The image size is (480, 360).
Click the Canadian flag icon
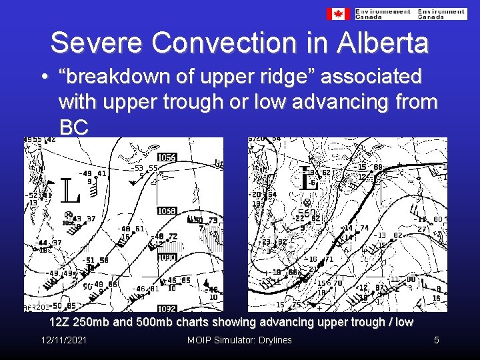pyautogui.click(x=338, y=13)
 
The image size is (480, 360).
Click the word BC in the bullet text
pyautogui.click(x=73, y=127)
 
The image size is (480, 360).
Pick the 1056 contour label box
pyautogui.click(x=167, y=157)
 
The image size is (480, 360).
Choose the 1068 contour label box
pyautogui.click(x=167, y=211)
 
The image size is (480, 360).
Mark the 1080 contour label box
pyautogui.click(x=167, y=257)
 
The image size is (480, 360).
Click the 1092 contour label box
pyautogui.click(x=167, y=309)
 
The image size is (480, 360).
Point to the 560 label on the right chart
pyautogui.click(x=307, y=213)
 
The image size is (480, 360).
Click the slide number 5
pyautogui.click(x=436, y=341)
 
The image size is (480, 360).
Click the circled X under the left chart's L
pyautogui.click(x=69, y=215)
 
